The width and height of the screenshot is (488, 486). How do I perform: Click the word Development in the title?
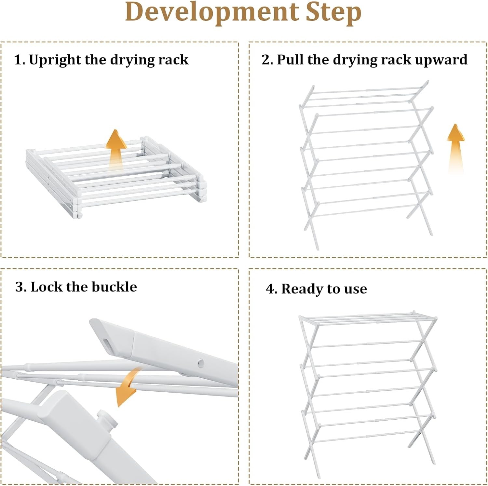point(211,12)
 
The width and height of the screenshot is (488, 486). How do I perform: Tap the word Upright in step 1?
point(55,60)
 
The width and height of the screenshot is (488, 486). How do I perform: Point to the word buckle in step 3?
point(114,287)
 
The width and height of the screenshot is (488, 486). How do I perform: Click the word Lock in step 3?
point(46,287)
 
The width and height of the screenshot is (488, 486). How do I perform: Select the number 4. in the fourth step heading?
point(271,289)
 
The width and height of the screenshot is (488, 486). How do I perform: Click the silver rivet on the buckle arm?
point(201,362)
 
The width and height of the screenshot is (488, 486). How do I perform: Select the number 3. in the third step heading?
point(21,287)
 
